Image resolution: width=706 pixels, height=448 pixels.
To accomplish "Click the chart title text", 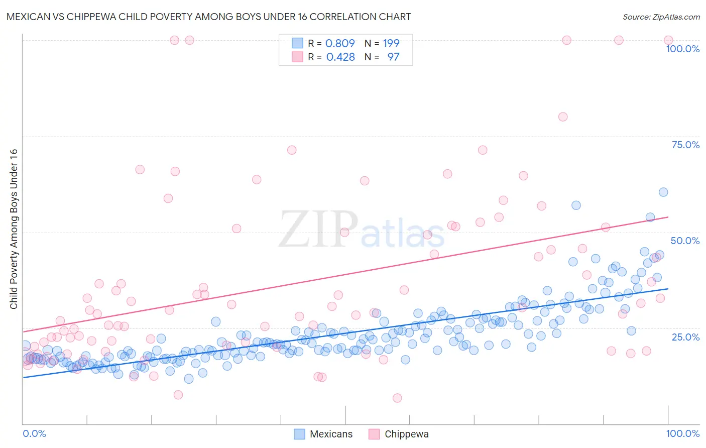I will [208, 17].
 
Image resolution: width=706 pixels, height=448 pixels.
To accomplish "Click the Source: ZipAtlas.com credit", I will [661, 17].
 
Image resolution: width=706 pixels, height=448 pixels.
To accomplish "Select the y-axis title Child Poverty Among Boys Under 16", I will [14, 229].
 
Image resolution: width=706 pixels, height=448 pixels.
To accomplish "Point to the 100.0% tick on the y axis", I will [682, 49].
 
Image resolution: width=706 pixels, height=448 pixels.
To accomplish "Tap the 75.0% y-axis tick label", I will [685, 145].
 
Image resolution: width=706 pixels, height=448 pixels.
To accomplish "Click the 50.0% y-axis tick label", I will [685, 241].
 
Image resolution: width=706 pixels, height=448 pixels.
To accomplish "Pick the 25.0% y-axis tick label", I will [685, 337].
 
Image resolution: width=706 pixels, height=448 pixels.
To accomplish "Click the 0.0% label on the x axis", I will [34, 433].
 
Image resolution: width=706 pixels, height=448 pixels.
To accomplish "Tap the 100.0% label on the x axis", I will [682, 433].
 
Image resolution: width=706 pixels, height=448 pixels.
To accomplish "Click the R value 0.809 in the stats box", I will [340, 44].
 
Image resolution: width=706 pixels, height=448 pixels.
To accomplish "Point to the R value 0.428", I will [340, 57].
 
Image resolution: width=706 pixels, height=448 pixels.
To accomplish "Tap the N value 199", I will [391, 44].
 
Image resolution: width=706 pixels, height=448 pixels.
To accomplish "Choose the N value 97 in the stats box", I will [393, 57].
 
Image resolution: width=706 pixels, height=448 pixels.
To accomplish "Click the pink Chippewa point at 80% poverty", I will [563, 117].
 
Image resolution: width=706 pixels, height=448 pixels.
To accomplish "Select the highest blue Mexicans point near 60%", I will [663, 192].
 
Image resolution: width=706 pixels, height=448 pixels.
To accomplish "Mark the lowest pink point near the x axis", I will [397, 398].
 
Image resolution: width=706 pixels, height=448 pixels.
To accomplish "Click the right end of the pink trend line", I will [668, 217].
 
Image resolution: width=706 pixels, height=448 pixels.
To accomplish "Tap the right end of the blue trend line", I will [668, 289].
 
